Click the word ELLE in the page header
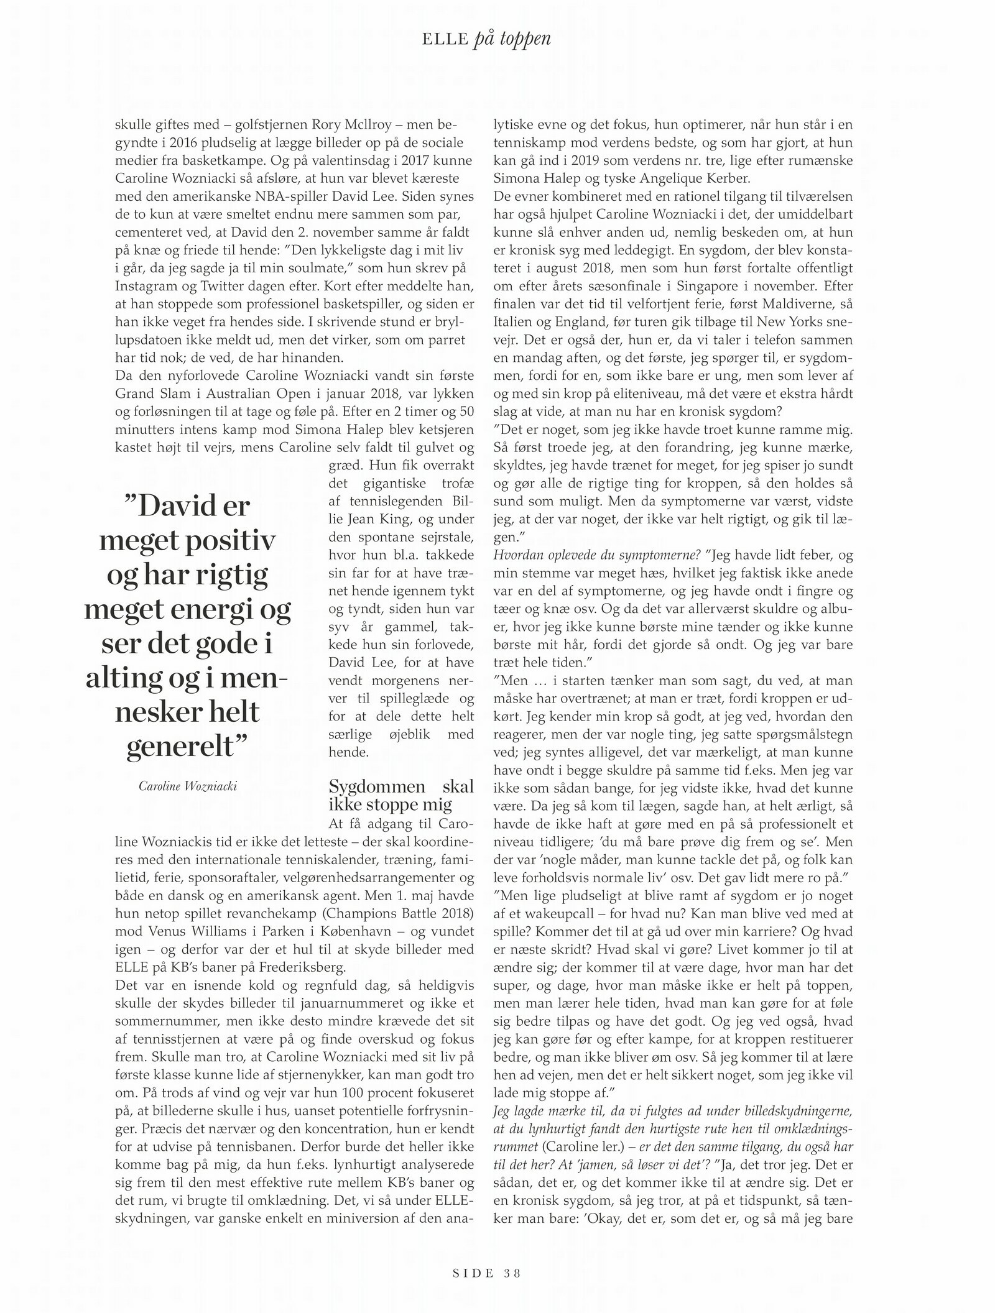(444, 40)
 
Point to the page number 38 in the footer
(512, 1273)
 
